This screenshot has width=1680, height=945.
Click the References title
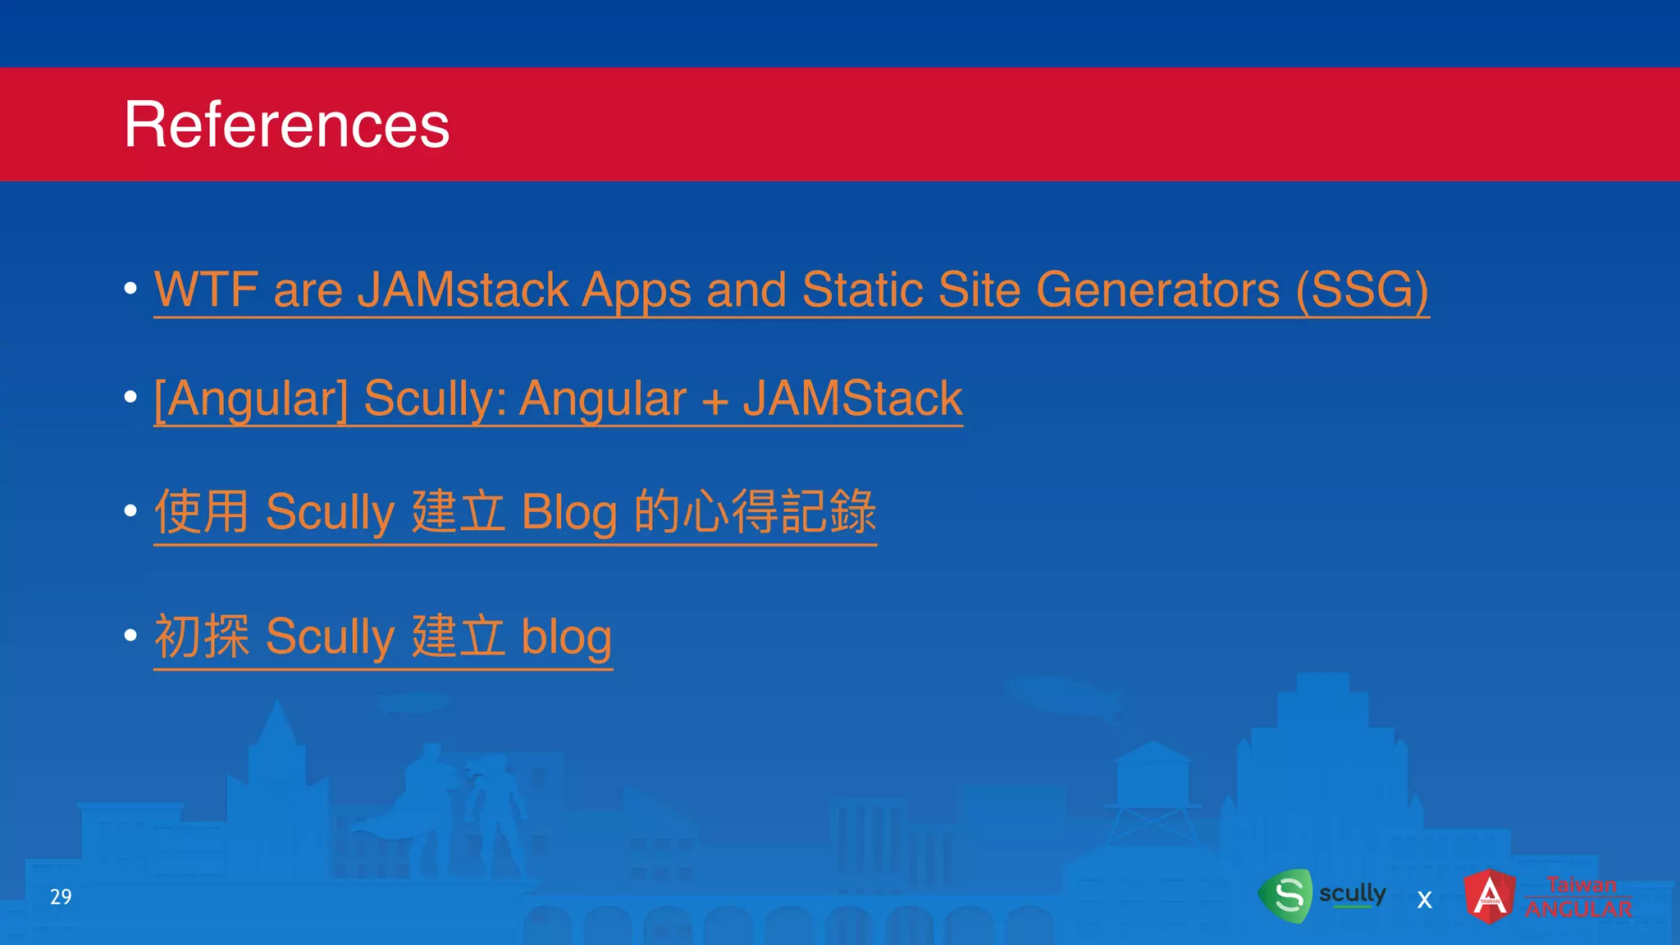[x=286, y=125]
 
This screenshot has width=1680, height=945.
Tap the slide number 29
[x=61, y=897]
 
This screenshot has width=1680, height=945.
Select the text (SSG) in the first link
[x=1362, y=290]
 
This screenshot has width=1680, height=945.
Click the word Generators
[x=1157, y=290]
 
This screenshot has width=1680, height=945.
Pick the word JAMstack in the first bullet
[x=463, y=290]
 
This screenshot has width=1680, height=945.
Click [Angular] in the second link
[x=251, y=399]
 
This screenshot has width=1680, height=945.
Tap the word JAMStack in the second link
[x=852, y=399]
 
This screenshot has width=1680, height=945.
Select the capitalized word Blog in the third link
[x=569, y=513]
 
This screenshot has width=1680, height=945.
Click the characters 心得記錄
[x=779, y=511]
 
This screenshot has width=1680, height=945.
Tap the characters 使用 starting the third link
[x=202, y=511]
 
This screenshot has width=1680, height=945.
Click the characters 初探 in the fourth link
[x=202, y=637]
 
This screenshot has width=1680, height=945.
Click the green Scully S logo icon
[x=1286, y=896]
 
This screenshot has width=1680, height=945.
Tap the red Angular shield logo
[x=1490, y=896]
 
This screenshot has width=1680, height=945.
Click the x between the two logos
[x=1425, y=900]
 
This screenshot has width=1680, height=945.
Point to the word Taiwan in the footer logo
[x=1582, y=884]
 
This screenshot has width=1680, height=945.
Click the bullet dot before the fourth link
[x=130, y=635]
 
